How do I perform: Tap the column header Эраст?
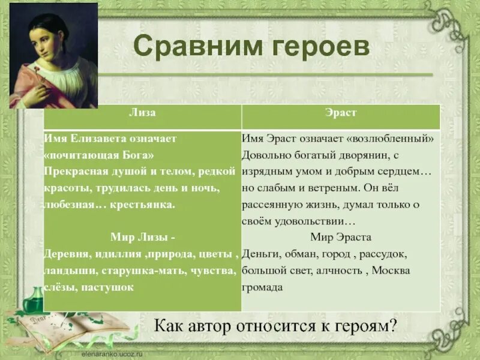click(x=341, y=112)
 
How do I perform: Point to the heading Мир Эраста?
click(x=341, y=237)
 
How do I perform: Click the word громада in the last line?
click(x=262, y=287)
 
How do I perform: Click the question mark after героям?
click(x=394, y=327)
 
